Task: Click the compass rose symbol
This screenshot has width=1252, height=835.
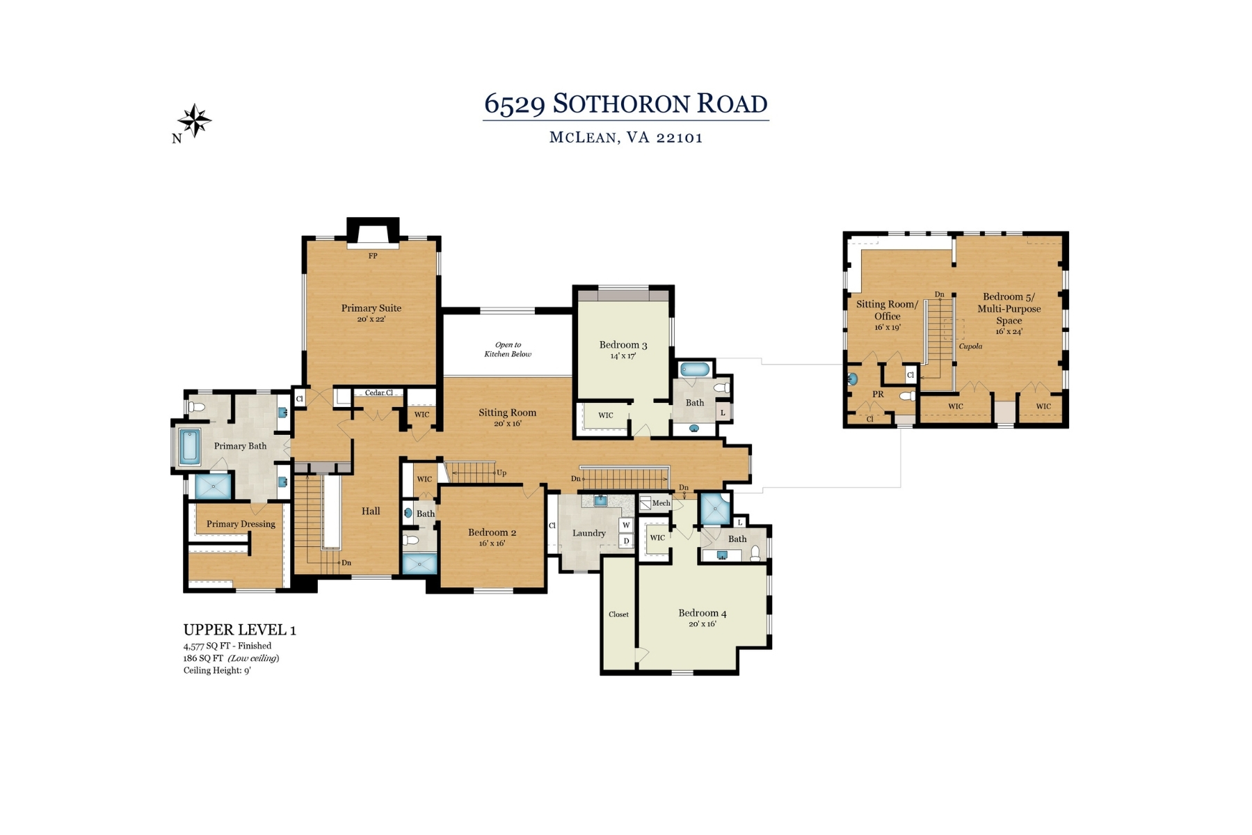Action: coord(195,120)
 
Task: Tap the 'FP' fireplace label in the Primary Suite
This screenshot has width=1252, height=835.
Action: coord(373,256)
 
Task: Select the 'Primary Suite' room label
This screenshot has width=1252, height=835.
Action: coord(371,308)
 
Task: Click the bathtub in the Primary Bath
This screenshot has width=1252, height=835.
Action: coord(190,447)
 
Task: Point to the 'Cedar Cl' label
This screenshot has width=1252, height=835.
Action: coord(379,392)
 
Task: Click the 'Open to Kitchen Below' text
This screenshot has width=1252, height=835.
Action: coord(508,349)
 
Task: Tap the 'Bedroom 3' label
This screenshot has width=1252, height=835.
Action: coord(623,344)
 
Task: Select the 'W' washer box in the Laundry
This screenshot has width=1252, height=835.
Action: coord(626,525)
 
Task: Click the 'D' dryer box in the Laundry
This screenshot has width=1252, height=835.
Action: coord(626,541)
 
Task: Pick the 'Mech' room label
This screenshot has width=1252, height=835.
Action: coord(661,502)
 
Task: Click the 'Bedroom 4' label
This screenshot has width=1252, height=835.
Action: coord(703,613)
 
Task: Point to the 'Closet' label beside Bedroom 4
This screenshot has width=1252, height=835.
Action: coord(618,614)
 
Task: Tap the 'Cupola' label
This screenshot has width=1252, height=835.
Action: coord(970,346)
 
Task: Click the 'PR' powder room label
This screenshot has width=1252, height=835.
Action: coord(878,394)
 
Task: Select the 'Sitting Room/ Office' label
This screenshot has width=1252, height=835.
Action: coord(888,310)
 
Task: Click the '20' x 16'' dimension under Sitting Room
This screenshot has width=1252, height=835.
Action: coord(508,423)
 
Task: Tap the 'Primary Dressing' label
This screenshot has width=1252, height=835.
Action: coord(241,524)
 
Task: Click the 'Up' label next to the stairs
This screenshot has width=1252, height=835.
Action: coord(501,473)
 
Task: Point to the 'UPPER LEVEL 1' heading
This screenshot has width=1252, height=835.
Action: coord(240,630)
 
